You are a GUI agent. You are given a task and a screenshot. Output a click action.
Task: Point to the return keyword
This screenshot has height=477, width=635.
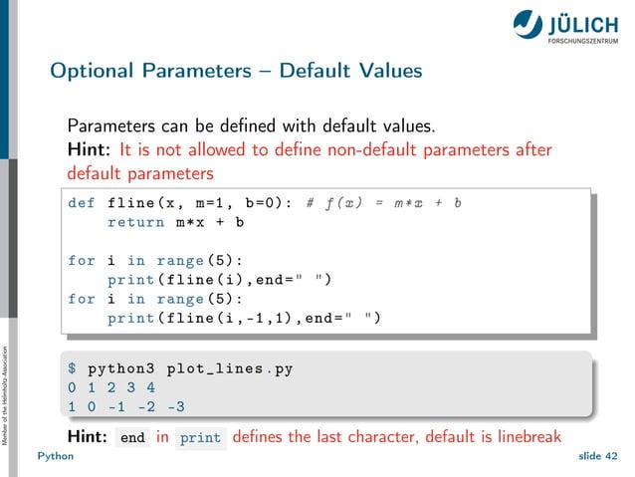click(137, 222)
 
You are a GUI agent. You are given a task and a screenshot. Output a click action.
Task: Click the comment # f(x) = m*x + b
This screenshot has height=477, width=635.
click(384, 203)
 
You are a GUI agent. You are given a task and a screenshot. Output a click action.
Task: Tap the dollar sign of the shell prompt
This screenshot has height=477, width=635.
click(72, 368)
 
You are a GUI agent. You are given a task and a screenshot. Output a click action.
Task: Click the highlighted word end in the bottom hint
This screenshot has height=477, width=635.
click(132, 437)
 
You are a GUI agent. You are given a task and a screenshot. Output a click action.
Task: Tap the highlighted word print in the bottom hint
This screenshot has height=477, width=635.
click(201, 437)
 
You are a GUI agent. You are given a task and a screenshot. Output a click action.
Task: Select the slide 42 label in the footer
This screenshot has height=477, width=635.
click(596, 457)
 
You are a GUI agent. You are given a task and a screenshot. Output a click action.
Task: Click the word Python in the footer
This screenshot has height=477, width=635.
click(57, 457)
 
